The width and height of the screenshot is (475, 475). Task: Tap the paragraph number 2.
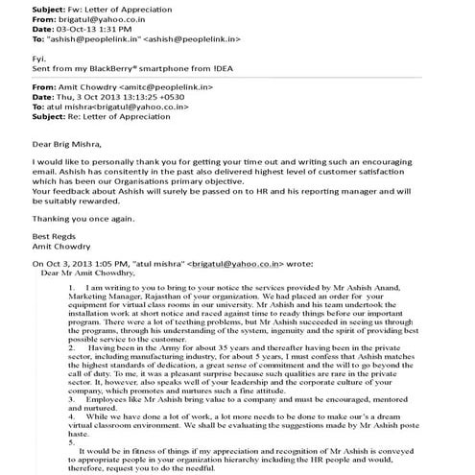72,346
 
